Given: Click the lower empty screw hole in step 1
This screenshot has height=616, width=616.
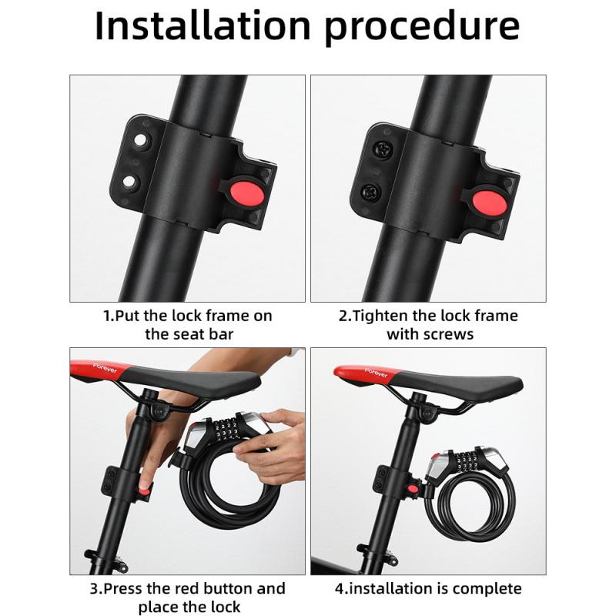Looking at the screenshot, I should (x=131, y=182).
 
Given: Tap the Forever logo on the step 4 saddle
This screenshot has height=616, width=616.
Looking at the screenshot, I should (x=371, y=373).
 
